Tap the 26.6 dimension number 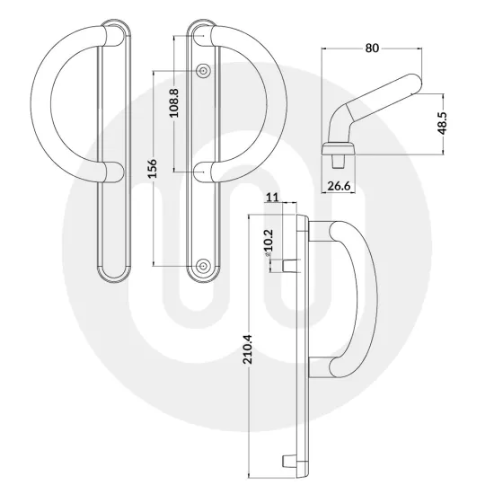coord(340,186)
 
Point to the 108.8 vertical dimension coord(174,101)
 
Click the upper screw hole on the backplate coord(204,69)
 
